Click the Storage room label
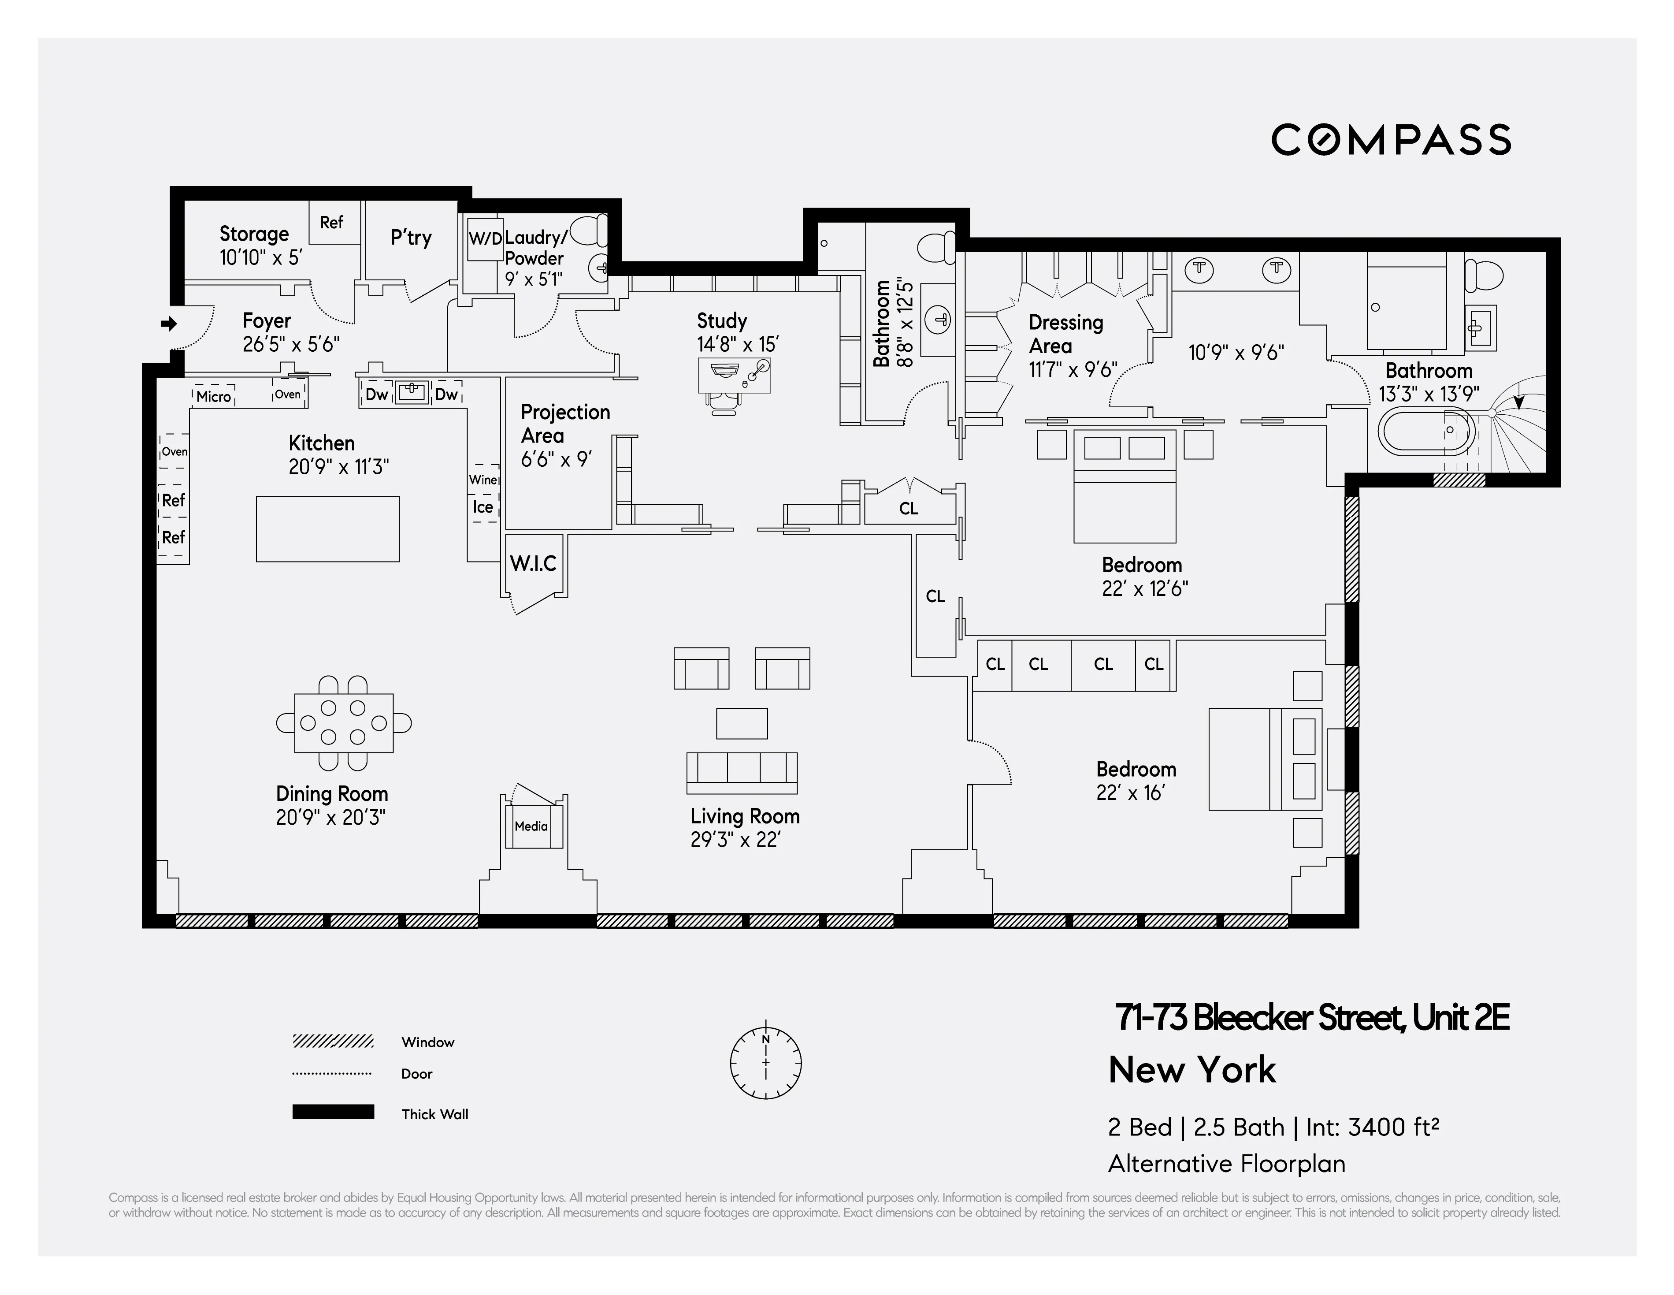coord(254,234)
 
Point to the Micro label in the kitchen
coord(213,396)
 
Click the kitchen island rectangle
coord(327,529)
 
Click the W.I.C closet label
coord(534,564)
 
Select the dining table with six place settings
coord(343,723)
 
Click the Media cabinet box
coord(531,826)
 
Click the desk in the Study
coord(734,375)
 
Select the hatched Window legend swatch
coord(333,1041)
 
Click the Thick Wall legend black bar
coord(333,1112)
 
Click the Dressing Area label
coord(1065,334)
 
